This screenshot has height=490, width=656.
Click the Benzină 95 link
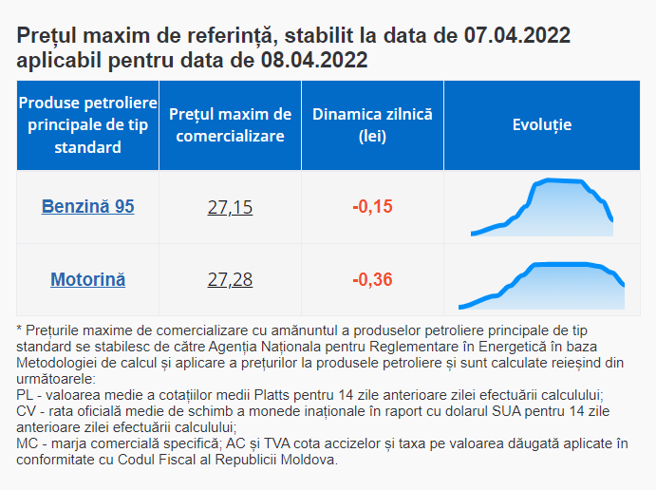pos(87,207)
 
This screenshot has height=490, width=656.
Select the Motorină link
pos(87,280)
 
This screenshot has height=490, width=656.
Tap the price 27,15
pos(230,207)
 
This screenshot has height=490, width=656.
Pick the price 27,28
pos(230,280)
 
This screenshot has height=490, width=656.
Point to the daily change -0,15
pos(372,207)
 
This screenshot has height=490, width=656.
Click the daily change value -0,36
pos(372,280)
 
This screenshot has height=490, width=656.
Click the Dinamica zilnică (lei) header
pos(372,124)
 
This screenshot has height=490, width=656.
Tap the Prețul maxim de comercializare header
pos(230,124)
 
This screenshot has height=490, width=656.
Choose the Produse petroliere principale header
pos(87,124)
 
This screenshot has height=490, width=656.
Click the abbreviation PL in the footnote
pos(26,393)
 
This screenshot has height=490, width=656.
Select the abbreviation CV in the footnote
pos(27,410)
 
